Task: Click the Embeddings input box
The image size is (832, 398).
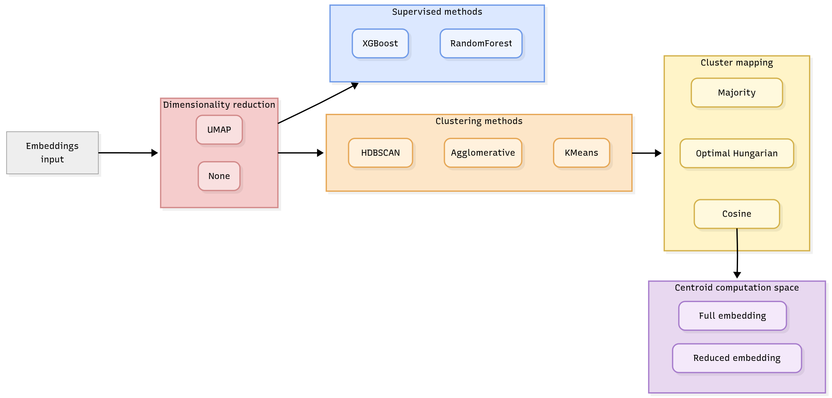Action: pos(52,153)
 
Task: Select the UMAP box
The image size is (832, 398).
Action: pos(219,130)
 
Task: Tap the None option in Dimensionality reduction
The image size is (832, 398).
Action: pos(219,176)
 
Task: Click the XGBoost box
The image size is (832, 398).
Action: pos(380,43)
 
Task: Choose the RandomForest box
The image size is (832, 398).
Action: pos(481,43)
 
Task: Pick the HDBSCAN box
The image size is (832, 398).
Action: pos(380,153)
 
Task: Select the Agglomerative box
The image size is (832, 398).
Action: pos(483,153)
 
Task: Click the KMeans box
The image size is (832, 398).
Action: pos(581,153)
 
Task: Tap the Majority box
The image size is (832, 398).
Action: pos(736,93)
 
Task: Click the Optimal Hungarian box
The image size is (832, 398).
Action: pos(736,153)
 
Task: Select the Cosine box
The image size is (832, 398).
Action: pos(736,214)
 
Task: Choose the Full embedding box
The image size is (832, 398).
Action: pos(732,316)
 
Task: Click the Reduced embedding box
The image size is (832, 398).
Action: pos(737,358)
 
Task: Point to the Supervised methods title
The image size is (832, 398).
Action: pos(437,12)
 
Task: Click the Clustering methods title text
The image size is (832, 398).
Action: pos(479,121)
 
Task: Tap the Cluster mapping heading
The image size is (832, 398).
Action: pos(736,63)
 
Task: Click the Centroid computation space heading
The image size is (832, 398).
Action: pos(737,287)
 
